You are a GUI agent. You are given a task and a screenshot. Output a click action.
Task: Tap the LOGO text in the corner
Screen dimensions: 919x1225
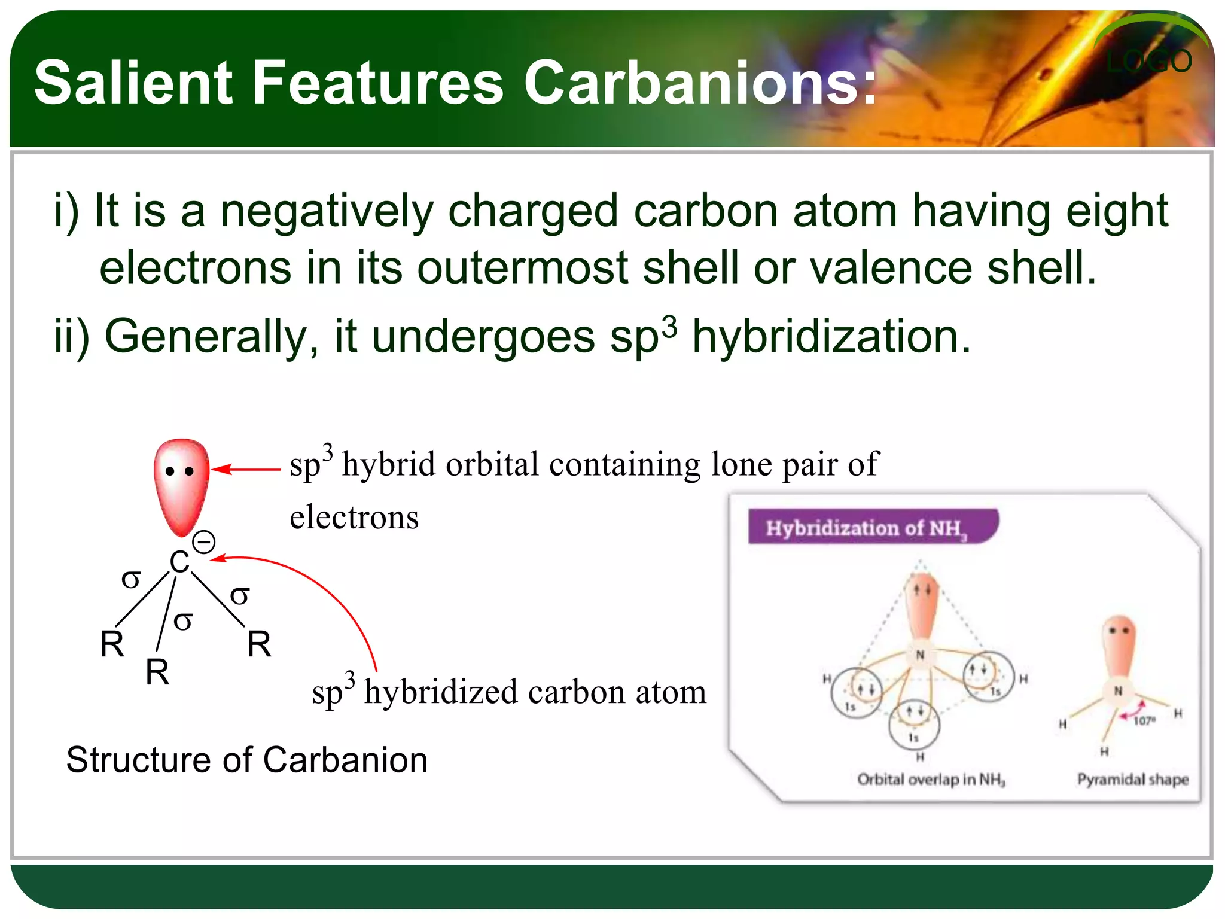click(x=1148, y=62)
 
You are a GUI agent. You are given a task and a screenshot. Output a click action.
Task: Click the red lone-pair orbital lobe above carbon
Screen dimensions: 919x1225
click(x=181, y=485)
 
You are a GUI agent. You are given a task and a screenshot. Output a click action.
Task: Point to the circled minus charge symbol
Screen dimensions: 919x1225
click(x=204, y=543)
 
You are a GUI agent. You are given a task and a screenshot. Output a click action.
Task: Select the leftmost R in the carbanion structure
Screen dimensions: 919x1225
click(x=112, y=644)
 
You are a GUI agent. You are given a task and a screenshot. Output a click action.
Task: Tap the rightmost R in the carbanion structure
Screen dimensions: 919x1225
click(x=259, y=644)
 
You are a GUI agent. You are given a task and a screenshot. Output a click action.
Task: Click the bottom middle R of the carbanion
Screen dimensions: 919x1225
click(x=157, y=672)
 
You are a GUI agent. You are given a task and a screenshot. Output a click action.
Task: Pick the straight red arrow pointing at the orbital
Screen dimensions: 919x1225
click(x=245, y=470)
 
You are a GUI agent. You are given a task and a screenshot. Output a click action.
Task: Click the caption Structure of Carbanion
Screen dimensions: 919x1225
click(x=246, y=760)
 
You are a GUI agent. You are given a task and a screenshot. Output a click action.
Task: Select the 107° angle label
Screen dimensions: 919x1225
click(x=1144, y=720)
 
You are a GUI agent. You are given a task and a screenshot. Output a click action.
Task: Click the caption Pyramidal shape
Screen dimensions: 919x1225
click(x=1132, y=779)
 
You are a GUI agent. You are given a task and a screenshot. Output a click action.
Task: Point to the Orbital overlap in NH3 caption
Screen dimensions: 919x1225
click(x=931, y=779)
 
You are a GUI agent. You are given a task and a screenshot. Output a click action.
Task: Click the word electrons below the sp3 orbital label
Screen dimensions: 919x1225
click(x=354, y=517)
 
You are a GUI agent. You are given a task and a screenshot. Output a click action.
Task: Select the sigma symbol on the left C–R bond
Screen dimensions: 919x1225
click(x=131, y=579)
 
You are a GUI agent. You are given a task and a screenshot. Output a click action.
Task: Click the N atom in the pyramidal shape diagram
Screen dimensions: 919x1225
click(x=1117, y=691)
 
